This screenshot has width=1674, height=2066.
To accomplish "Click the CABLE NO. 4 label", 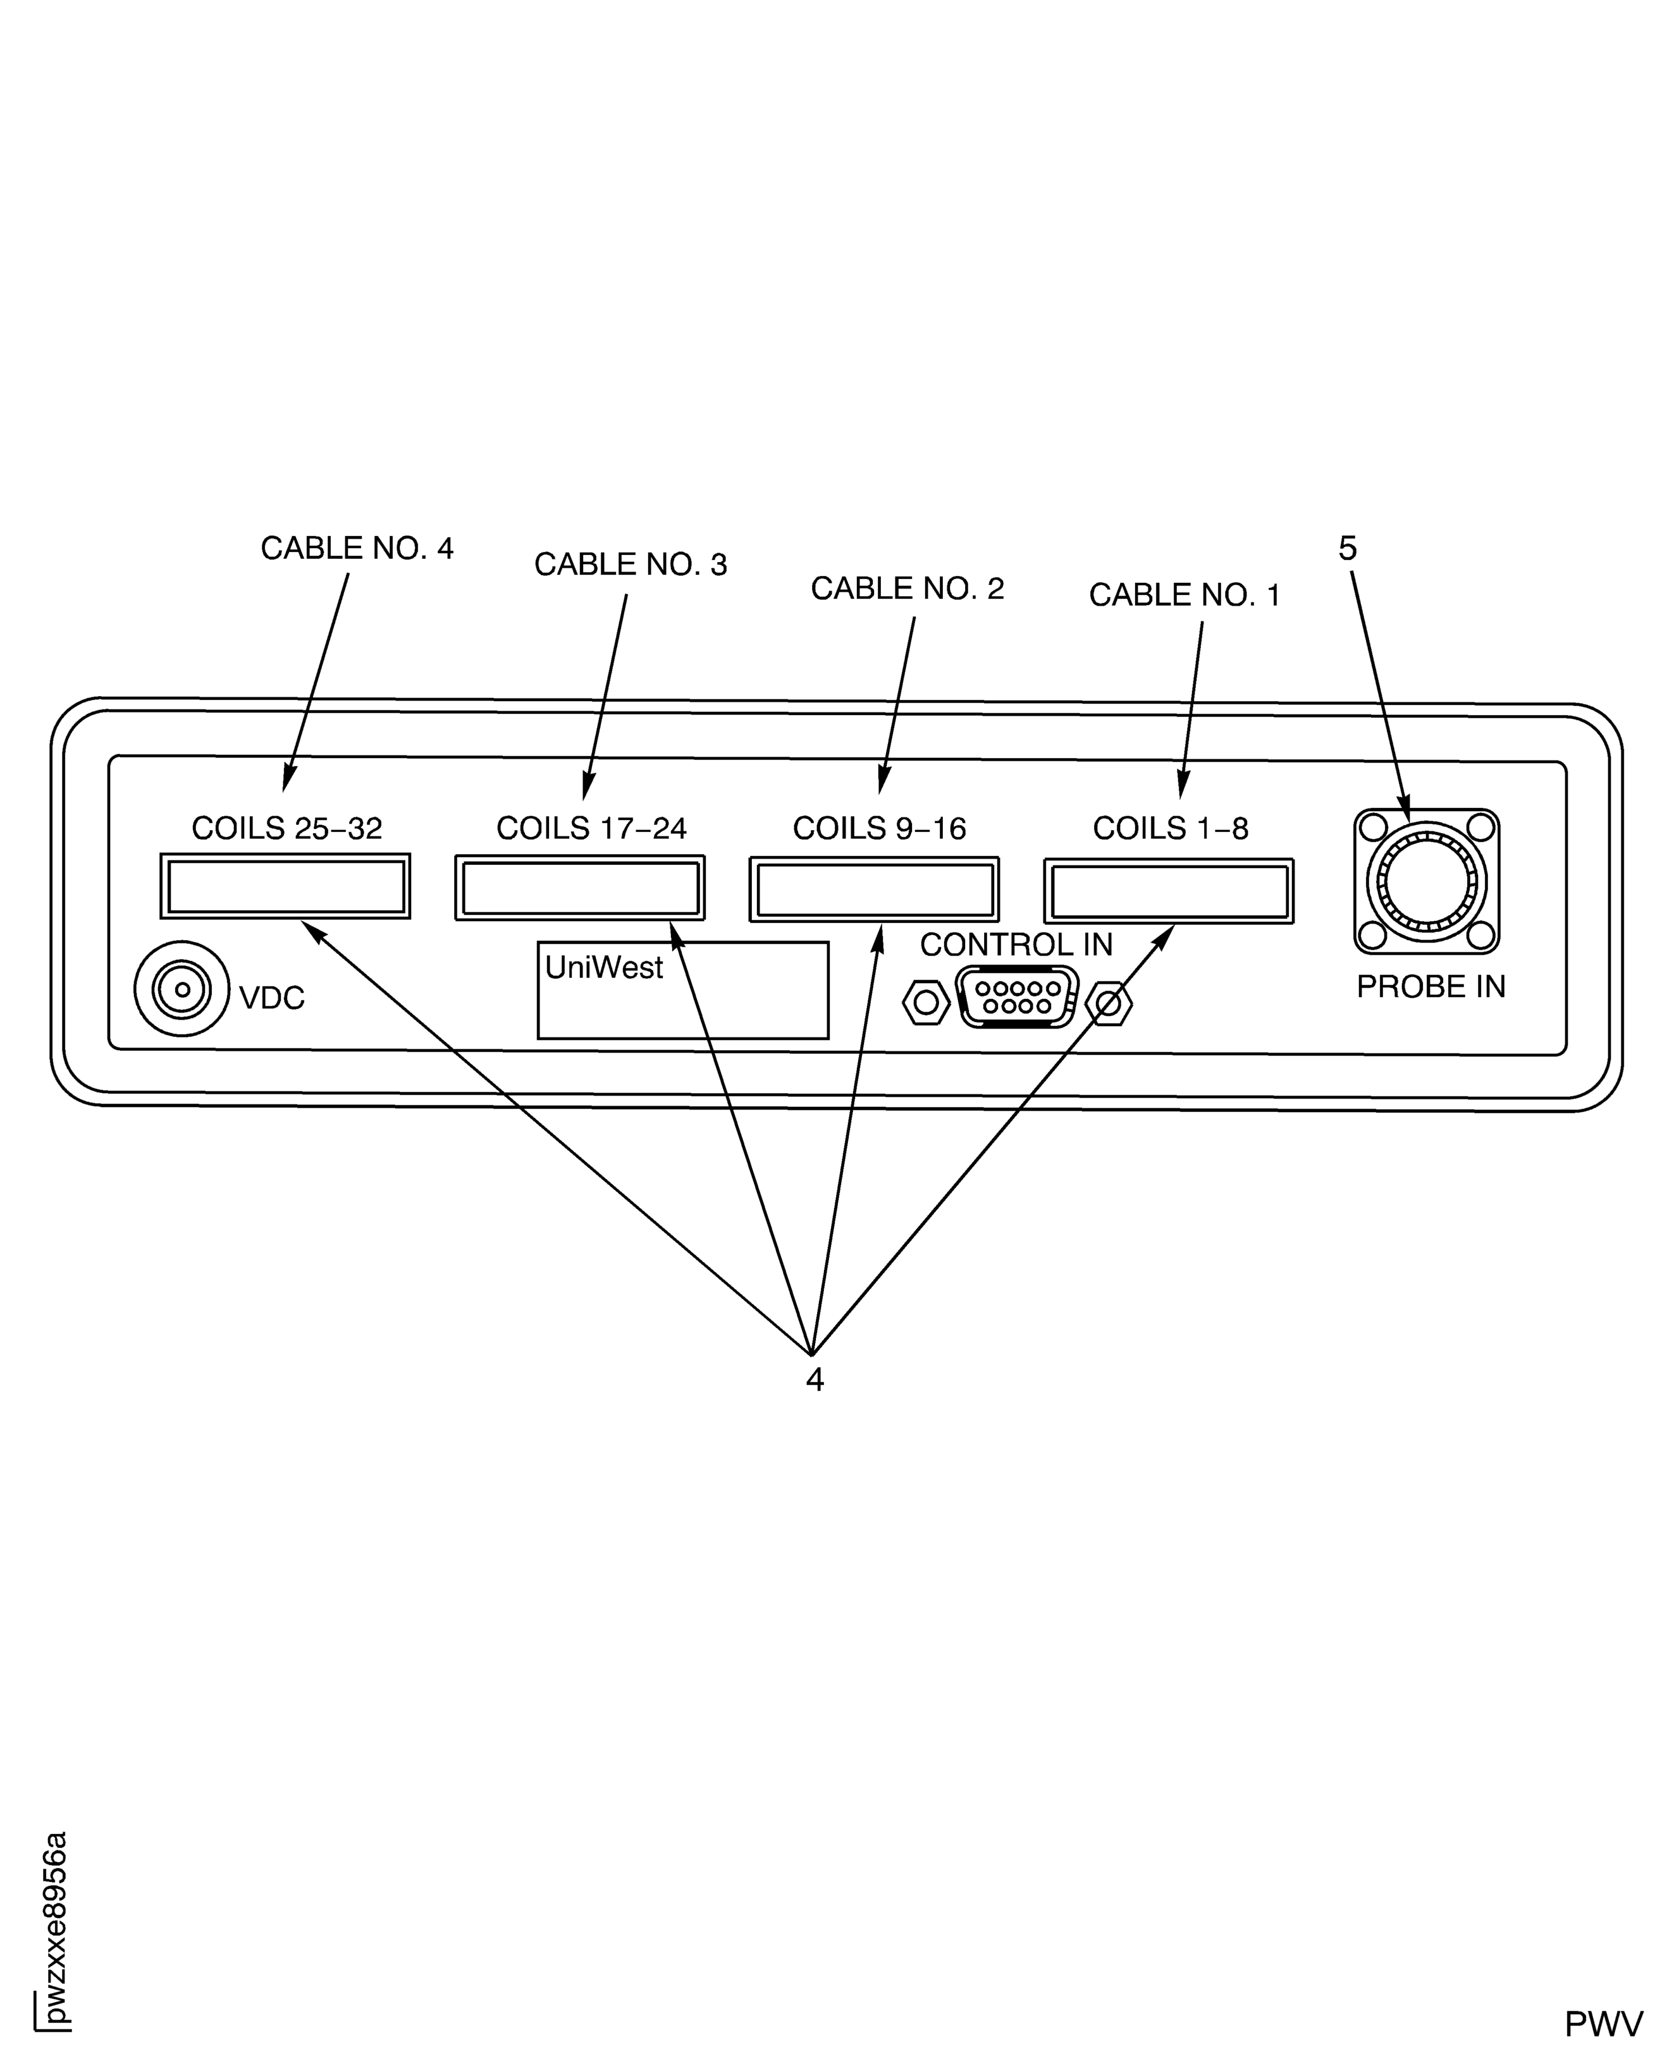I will tap(357, 549).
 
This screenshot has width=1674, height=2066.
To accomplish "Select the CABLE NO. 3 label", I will tap(631, 565).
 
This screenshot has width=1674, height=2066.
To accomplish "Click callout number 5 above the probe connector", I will tap(1347, 549).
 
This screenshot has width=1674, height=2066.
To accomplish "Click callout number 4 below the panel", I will tap(815, 1381).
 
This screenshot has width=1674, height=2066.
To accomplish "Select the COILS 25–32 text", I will tap(286, 828).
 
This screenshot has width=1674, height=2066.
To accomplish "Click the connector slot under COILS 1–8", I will tap(1169, 891).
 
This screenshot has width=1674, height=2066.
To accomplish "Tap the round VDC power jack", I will tap(182, 989).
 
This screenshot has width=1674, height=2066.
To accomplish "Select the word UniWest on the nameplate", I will tap(604, 967).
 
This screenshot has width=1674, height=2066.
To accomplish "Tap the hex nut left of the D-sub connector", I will tap(926, 1003).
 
